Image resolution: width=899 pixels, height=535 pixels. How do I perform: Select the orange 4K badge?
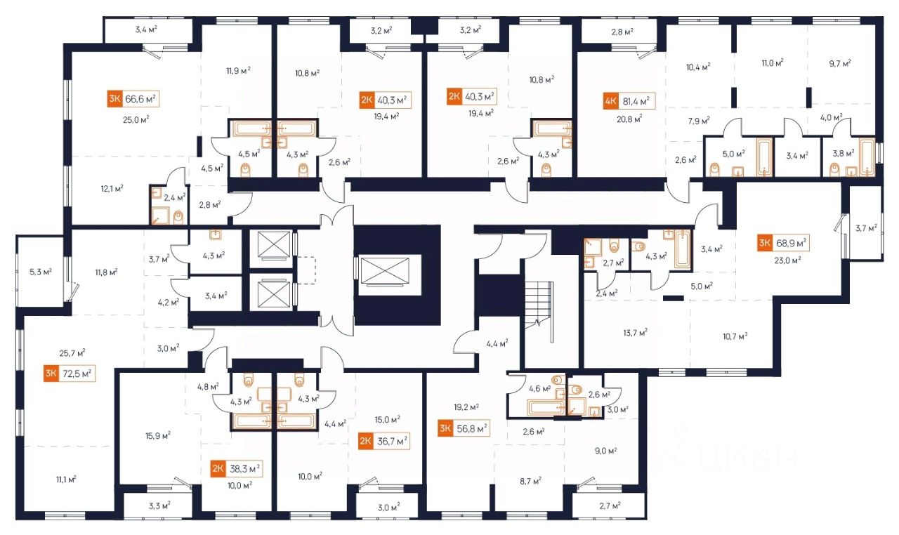[610, 100]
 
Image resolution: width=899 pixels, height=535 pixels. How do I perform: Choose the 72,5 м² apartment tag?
[77, 373]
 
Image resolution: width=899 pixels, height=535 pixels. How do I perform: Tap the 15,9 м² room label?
[157, 435]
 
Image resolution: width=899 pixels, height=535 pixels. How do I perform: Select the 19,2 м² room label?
[466, 407]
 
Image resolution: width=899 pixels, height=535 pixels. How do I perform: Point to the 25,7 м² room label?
[72, 352]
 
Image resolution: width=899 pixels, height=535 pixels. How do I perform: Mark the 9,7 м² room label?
[839, 63]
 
